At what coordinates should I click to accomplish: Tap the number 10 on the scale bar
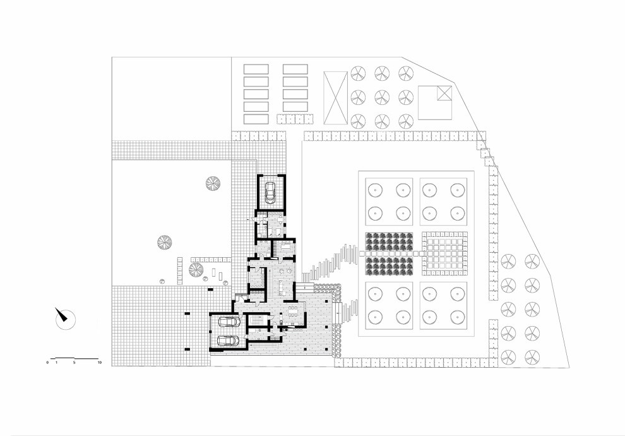(99, 363)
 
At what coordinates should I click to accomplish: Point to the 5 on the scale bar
(74, 363)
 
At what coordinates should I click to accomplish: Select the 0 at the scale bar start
(47, 363)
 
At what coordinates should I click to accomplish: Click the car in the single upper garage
(270, 192)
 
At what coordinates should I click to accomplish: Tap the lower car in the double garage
(228, 341)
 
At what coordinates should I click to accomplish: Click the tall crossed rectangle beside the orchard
(335, 98)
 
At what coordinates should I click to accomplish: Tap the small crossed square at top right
(444, 93)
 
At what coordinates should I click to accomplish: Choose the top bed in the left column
(256, 69)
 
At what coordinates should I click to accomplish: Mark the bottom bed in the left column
(256, 119)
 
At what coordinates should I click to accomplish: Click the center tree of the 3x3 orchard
(382, 97)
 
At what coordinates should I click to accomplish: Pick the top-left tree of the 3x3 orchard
(358, 73)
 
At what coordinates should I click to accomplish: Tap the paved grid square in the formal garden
(444, 254)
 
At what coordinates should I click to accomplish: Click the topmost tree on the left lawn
(213, 183)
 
